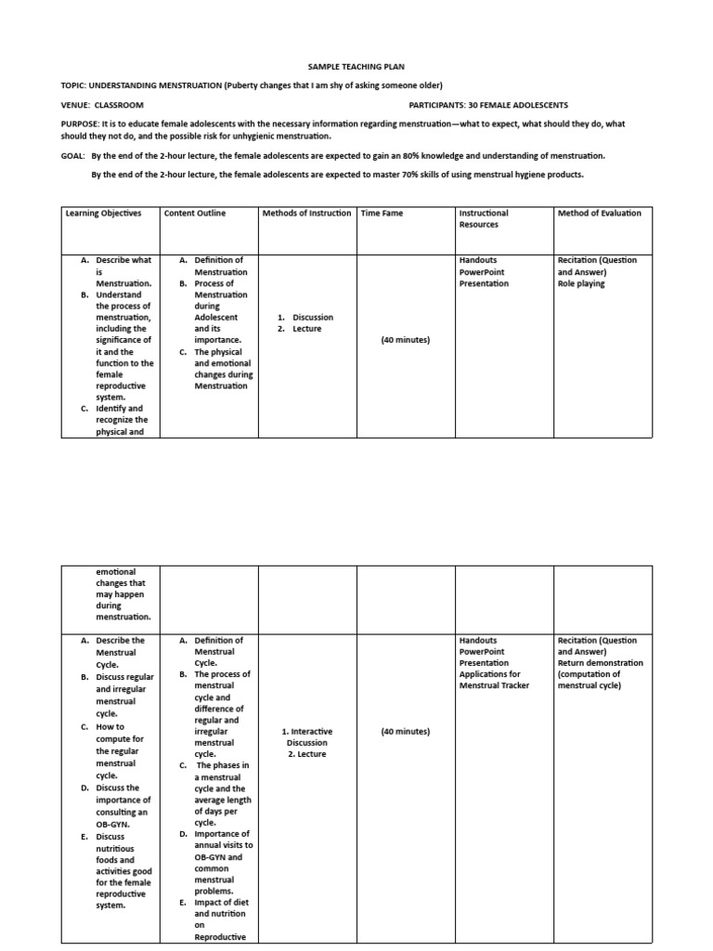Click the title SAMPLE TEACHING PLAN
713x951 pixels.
click(356, 67)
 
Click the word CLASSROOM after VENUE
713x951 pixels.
click(119, 106)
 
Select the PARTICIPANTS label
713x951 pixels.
click(437, 106)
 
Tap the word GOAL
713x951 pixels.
click(72, 156)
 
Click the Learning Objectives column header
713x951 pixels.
click(103, 213)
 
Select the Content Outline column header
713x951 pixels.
click(195, 213)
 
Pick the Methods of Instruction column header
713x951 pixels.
click(308, 213)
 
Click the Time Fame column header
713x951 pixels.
click(382, 213)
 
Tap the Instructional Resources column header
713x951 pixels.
click(484, 218)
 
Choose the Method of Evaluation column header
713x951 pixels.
click(599, 213)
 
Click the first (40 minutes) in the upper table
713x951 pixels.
click(406, 340)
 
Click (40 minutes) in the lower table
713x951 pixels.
click(406, 732)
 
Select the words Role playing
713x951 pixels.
click(581, 284)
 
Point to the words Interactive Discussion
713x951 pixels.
click(307, 737)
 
